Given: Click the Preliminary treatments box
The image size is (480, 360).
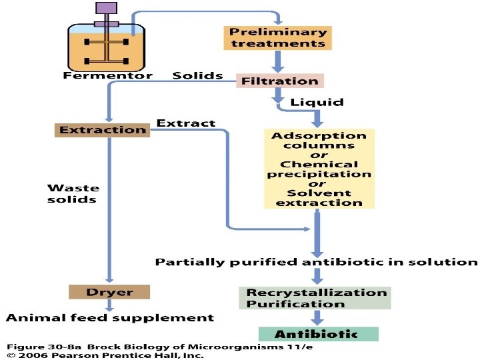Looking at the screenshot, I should [x=277, y=37].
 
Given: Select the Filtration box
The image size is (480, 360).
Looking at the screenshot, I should [x=280, y=81].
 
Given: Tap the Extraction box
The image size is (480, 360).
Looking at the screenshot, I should [x=102, y=130].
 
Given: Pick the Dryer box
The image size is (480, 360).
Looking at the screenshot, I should [x=109, y=292].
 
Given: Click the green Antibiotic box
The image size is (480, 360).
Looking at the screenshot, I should [x=318, y=334].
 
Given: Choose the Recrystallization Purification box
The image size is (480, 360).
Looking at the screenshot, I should [x=315, y=298].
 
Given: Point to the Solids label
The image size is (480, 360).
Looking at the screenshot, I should [x=197, y=75].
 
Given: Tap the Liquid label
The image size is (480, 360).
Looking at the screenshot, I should [x=317, y=102].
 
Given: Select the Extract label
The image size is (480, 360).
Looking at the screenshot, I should [x=185, y=123].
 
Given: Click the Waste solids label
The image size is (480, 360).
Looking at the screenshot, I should [x=72, y=193].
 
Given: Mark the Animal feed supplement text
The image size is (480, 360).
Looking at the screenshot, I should [x=110, y=317].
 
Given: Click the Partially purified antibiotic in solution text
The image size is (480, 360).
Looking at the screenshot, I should [x=316, y=262].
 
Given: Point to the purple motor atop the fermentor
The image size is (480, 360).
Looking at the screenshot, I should [x=106, y=9].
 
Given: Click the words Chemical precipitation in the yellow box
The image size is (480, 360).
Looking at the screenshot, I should [x=319, y=169].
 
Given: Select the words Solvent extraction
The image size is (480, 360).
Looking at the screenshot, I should [x=319, y=198].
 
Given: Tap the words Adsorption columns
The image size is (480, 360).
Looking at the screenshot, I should [x=319, y=141].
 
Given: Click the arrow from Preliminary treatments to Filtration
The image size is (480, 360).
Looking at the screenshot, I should [x=278, y=62].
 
